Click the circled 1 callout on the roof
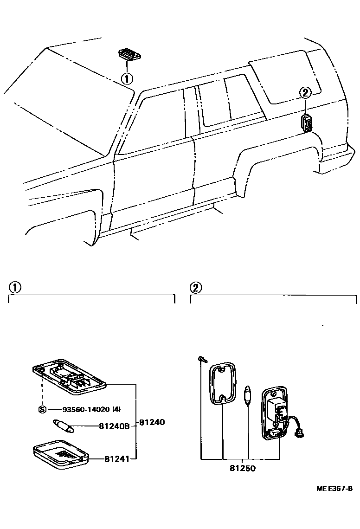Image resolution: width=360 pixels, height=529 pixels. tap(127, 78)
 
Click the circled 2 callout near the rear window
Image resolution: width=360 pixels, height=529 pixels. tap(304, 93)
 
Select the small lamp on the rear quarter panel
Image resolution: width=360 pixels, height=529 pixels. tap(307, 123)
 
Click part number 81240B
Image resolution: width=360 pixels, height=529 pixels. tap(114, 426)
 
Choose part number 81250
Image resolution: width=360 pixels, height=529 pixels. tap(241, 468)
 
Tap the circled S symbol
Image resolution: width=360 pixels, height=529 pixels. tap(42, 409)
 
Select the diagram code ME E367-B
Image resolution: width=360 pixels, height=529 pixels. tap(334, 489)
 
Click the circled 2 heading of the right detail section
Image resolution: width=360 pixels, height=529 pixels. tap(196, 288)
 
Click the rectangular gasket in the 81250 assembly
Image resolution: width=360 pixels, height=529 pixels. tap(223, 382)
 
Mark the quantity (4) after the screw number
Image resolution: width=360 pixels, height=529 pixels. tap(116, 409)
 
